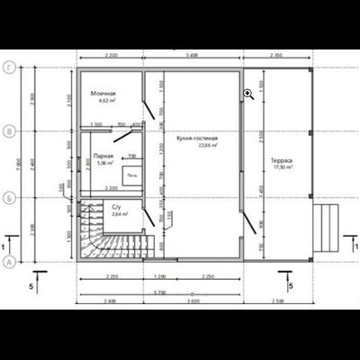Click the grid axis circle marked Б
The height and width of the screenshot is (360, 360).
(x=9, y=197)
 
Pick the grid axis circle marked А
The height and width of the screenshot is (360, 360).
(x=9, y=261)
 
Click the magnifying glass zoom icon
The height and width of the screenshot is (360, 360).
(x=247, y=93)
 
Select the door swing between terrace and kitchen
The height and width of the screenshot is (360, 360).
(x=247, y=213)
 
